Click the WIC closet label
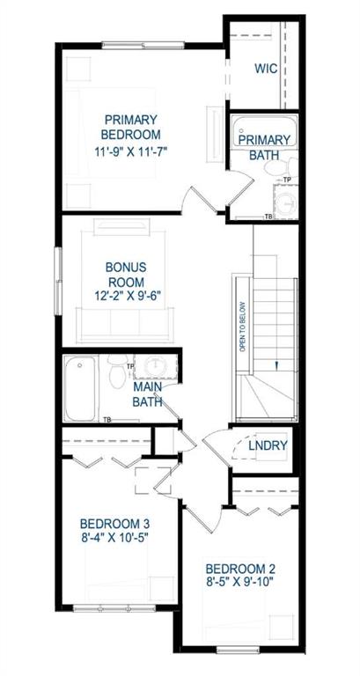[x=266, y=69]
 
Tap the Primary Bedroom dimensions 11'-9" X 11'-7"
[x=130, y=151]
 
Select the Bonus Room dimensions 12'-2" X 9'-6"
[x=126, y=296]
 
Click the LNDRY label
[x=268, y=445]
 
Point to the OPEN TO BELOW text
[x=242, y=326]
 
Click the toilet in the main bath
[x=118, y=370]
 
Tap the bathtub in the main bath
[x=80, y=388]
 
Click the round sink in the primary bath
[x=286, y=202]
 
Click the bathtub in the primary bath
[x=264, y=132]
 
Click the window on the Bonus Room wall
[x=58, y=280]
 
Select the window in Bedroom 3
[x=114, y=608]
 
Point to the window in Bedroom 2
[x=233, y=650]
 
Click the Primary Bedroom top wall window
[x=143, y=45]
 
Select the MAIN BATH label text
[x=148, y=394]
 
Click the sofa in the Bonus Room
[x=125, y=324]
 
